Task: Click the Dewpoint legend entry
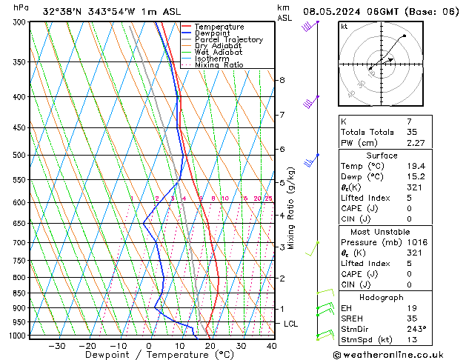219,33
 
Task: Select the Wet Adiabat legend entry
219,52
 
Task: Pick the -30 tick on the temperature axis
56,345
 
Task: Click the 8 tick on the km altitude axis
282,80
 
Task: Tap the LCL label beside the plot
291,324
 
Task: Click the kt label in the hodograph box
344,27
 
